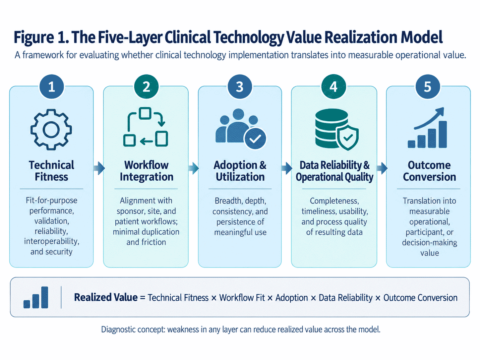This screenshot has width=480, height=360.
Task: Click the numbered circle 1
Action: (52, 87)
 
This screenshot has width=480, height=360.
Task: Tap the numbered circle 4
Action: (334, 87)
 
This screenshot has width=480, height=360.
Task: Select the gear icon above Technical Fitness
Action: (51, 130)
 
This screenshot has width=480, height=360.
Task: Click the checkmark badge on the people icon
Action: (255, 139)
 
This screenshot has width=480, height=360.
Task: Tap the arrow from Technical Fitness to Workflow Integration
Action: (99, 168)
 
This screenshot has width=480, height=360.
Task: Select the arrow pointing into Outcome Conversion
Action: (382, 168)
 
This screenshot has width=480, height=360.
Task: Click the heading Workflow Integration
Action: (147, 171)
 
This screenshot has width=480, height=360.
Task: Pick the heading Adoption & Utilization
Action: (240, 171)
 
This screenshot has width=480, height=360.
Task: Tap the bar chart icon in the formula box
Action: (36, 297)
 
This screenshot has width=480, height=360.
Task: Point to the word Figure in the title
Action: (34, 37)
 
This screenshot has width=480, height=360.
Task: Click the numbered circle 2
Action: (146, 87)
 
